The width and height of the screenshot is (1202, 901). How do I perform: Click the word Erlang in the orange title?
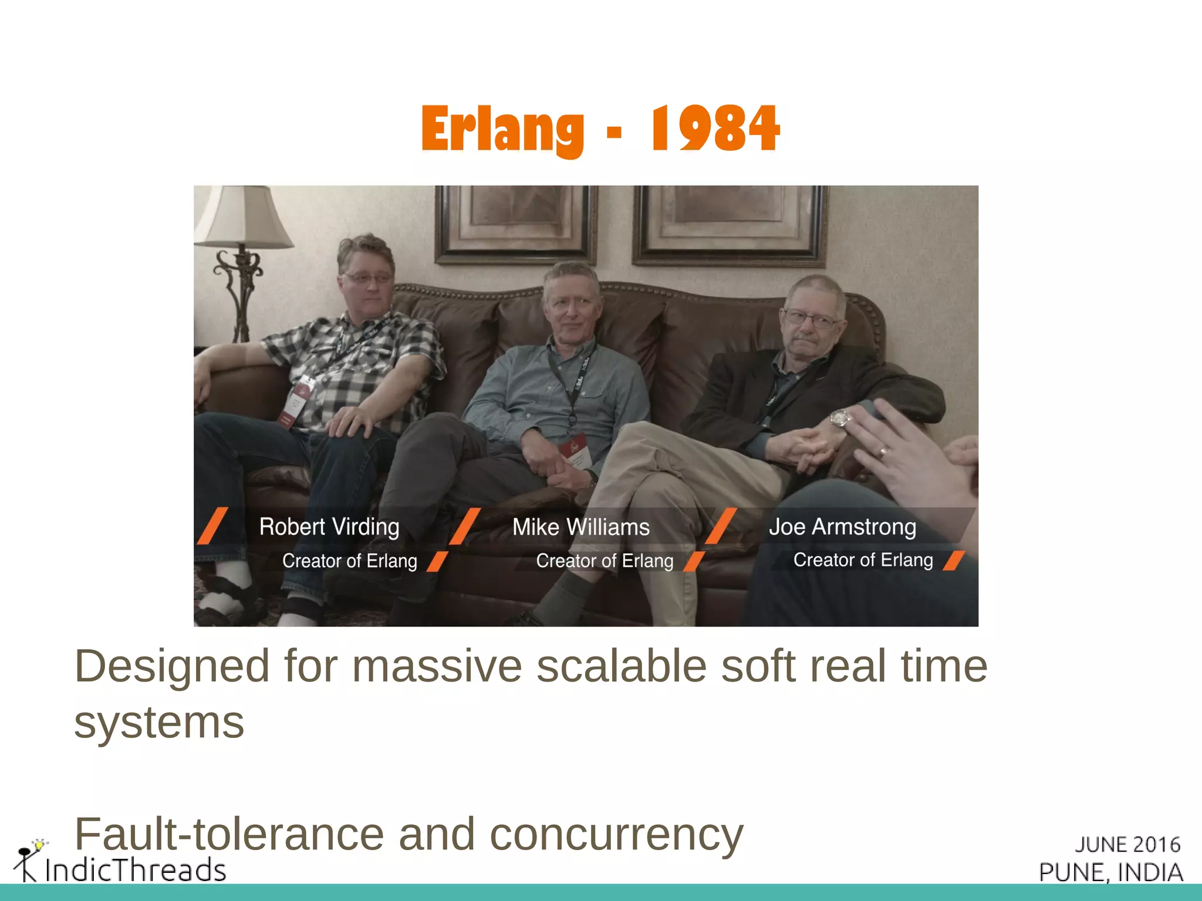coord(502,129)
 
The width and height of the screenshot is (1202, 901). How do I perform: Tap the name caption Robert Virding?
coord(329,527)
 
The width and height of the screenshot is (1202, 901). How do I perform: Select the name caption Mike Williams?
coord(580,527)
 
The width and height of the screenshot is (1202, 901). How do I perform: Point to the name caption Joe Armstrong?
coord(842,527)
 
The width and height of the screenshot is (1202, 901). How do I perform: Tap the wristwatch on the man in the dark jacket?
coord(840,418)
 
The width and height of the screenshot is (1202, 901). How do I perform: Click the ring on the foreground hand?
coord(882,451)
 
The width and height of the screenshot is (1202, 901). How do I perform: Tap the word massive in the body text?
coord(437,666)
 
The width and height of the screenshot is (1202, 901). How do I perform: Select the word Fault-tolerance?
coord(229,834)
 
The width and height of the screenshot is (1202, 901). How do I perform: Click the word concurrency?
coord(616,835)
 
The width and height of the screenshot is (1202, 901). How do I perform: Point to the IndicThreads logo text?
coord(135,869)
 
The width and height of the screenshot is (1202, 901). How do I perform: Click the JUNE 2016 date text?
coord(1127,844)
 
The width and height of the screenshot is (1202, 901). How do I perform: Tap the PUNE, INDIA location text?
coord(1110,872)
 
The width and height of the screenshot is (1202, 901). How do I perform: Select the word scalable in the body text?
coord(621,666)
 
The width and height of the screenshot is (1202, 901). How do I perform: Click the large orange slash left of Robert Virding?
coord(212,526)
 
